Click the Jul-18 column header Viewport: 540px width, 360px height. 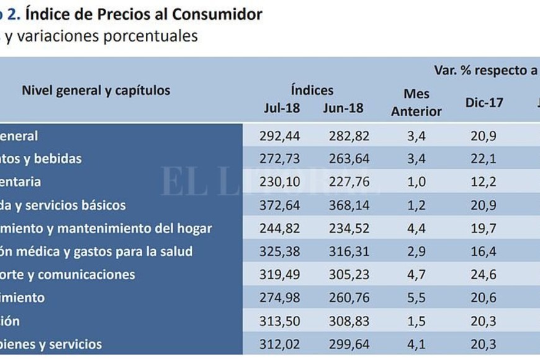pyautogui.click(x=282, y=108)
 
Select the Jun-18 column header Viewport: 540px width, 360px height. pyautogui.click(x=343, y=108)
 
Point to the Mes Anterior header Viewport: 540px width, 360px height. pyautogui.click(x=416, y=102)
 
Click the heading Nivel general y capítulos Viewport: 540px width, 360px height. pyautogui.click(x=96, y=90)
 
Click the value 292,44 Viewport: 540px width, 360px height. pyautogui.click(x=282, y=135)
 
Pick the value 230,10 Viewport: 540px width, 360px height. pyautogui.click(x=282, y=182)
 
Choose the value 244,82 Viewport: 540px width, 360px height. pyautogui.click(x=282, y=228)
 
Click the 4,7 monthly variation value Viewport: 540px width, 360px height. pyautogui.click(x=416, y=274)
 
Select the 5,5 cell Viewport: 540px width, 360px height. pyautogui.click(x=416, y=297)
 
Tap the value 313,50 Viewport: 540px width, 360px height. pyautogui.click(x=282, y=321)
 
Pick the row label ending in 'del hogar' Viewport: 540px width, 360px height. pyautogui.click(x=106, y=228)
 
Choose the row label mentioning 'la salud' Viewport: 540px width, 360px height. pyautogui.click(x=96, y=251)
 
